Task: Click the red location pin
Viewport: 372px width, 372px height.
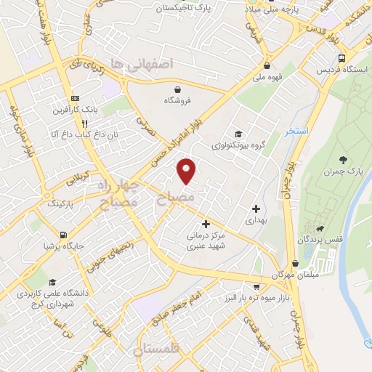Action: [187, 170]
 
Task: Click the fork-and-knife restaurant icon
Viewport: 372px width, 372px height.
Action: [86, 124]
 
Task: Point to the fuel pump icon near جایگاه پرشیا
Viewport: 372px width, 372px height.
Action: [65, 235]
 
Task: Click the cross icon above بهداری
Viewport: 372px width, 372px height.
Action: [256, 209]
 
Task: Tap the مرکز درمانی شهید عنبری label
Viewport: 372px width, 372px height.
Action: [206, 241]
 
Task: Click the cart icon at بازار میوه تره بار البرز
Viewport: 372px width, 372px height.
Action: [256, 288]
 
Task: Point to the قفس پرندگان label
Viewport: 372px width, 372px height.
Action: [314, 239]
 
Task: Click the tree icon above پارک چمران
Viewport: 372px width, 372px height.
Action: [343, 159]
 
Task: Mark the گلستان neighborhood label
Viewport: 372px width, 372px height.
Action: [155, 351]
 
